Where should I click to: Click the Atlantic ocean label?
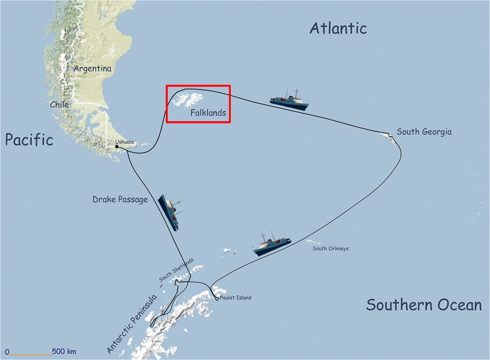pos(338,28)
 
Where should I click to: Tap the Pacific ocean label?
pos(29,140)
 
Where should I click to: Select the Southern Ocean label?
pos(423,305)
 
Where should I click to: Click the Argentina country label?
pos(92,69)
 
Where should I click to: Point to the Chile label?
pos(59,104)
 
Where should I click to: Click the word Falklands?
pos(208,113)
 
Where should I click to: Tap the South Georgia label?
pos(424,132)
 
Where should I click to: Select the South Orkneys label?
pos(330,248)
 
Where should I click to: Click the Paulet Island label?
pos(235,298)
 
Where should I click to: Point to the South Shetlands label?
pos(176,269)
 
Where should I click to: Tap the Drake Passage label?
pos(120,200)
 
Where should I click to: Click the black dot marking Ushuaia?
pos(117,147)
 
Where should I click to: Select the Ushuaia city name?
pos(124,142)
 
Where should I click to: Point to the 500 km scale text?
pos(64,351)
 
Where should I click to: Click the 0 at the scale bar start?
pos(7,351)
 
